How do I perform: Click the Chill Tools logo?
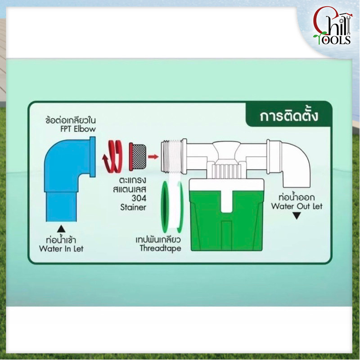(332, 26)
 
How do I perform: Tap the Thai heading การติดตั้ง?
(289, 116)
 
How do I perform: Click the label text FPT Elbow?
(78, 129)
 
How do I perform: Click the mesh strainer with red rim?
(137, 157)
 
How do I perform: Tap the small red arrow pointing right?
(153, 157)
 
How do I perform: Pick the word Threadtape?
(160, 248)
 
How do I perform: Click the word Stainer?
(133, 207)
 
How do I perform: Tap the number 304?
(139, 198)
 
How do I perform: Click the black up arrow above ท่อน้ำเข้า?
(61, 229)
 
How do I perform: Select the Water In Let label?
(61, 249)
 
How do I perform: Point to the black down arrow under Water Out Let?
(297, 216)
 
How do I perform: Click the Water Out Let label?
(297, 206)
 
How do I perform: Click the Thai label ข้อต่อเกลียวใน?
(71, 120)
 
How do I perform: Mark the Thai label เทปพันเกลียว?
(158, 240)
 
